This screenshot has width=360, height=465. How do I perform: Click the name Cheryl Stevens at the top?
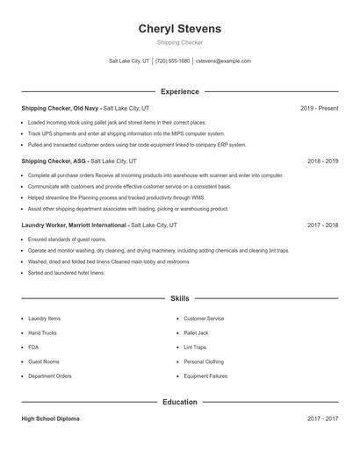click(180, 29)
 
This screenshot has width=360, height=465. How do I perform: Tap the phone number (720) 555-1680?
click(173, 61)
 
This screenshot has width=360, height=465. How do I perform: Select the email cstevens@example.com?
click(223, 61)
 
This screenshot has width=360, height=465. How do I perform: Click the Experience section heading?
click(180, 91)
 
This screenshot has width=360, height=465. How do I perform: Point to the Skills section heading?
click(180, 299)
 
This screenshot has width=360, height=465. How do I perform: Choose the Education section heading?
click(180, 402)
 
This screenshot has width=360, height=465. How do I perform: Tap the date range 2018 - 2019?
click(322, 161)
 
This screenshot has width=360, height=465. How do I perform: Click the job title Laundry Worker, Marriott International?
click(75, 225)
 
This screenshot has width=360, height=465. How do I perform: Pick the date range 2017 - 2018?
click(322, 225)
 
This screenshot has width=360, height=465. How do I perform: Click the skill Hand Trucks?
click(43, 333)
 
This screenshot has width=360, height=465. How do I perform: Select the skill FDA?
click(33, 347)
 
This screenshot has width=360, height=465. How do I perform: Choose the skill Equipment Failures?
click(205, 376)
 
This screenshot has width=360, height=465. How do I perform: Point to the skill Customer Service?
click(204, 319)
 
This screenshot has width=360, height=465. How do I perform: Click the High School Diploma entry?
click(50, 419)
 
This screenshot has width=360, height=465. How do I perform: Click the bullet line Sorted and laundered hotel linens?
click(67, 273)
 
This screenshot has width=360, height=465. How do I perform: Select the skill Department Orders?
click(49, 376)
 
